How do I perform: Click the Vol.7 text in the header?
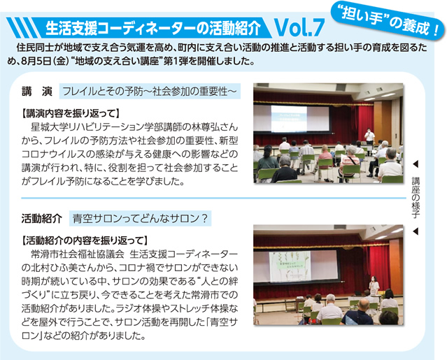(x=299, y=27)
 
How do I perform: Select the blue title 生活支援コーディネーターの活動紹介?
(x=153, y=28)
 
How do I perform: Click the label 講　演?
(x=37, y=92)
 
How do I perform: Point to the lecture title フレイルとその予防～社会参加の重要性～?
(x=150, y=92)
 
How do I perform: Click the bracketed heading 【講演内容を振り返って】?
(x=71, y=113)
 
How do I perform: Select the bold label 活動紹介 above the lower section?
(x=41, y=219)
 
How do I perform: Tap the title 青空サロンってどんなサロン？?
(x=140, y=219)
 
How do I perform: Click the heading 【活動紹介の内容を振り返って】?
(x=85, y=240)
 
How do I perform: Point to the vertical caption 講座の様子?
(x=416, y=197)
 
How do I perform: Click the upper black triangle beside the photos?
(x=416, y=164)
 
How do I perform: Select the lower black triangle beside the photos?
(x=416, y=231)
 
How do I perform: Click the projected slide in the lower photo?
(x=290, y=266)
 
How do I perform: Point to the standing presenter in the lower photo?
(x=374, y=286)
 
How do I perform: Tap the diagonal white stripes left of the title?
(x=23, y=28)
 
